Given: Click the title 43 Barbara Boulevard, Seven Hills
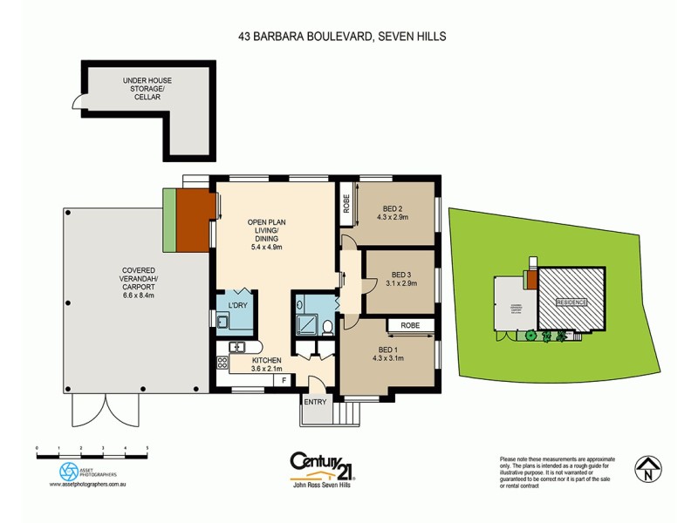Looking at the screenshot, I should coord(348,37).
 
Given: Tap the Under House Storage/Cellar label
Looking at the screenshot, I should coord(147,89).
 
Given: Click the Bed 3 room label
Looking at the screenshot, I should coord(400,277).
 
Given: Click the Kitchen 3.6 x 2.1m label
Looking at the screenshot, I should coord(266,364).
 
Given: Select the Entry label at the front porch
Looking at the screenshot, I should coord(315,402).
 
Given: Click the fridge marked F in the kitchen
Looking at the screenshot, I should coord(284,380).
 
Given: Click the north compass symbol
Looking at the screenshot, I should coord(646,472).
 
